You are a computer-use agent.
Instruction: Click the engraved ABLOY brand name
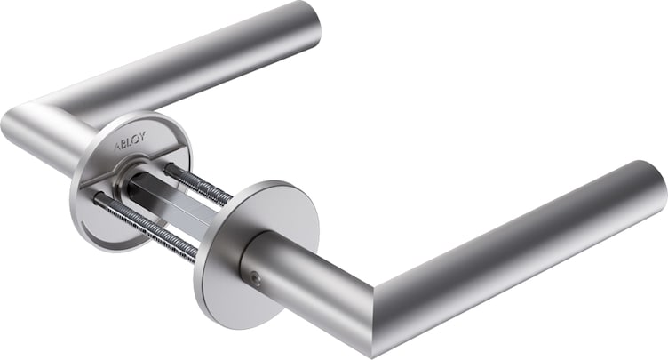(131, 141)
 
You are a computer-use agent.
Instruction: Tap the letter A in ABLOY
(117, 147)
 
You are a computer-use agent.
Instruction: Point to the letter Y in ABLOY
(142, 137)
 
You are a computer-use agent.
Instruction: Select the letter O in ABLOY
(136, 139)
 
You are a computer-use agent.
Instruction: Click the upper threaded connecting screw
(198, 184)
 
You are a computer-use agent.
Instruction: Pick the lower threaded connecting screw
(145, 225)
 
